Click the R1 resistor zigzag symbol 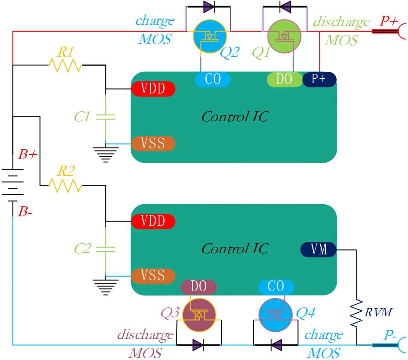point(65,65)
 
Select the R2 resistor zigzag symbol point(65,185)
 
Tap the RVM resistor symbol point(356,313)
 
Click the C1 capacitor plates point(105,117)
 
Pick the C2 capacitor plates point(105,249)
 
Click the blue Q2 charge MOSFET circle point(210,36)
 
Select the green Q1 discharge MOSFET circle point(284,36)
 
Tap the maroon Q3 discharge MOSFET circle point(199,315)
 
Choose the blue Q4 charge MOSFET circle point(276,315)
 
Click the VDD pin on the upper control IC point(153,89)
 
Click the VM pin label point(319,250)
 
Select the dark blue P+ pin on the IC point(319,79)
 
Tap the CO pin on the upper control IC point(213,79)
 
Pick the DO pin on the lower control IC point(198,287)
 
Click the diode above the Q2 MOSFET point(209,6)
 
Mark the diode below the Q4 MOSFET point(276,345)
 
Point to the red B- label point(25,212)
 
